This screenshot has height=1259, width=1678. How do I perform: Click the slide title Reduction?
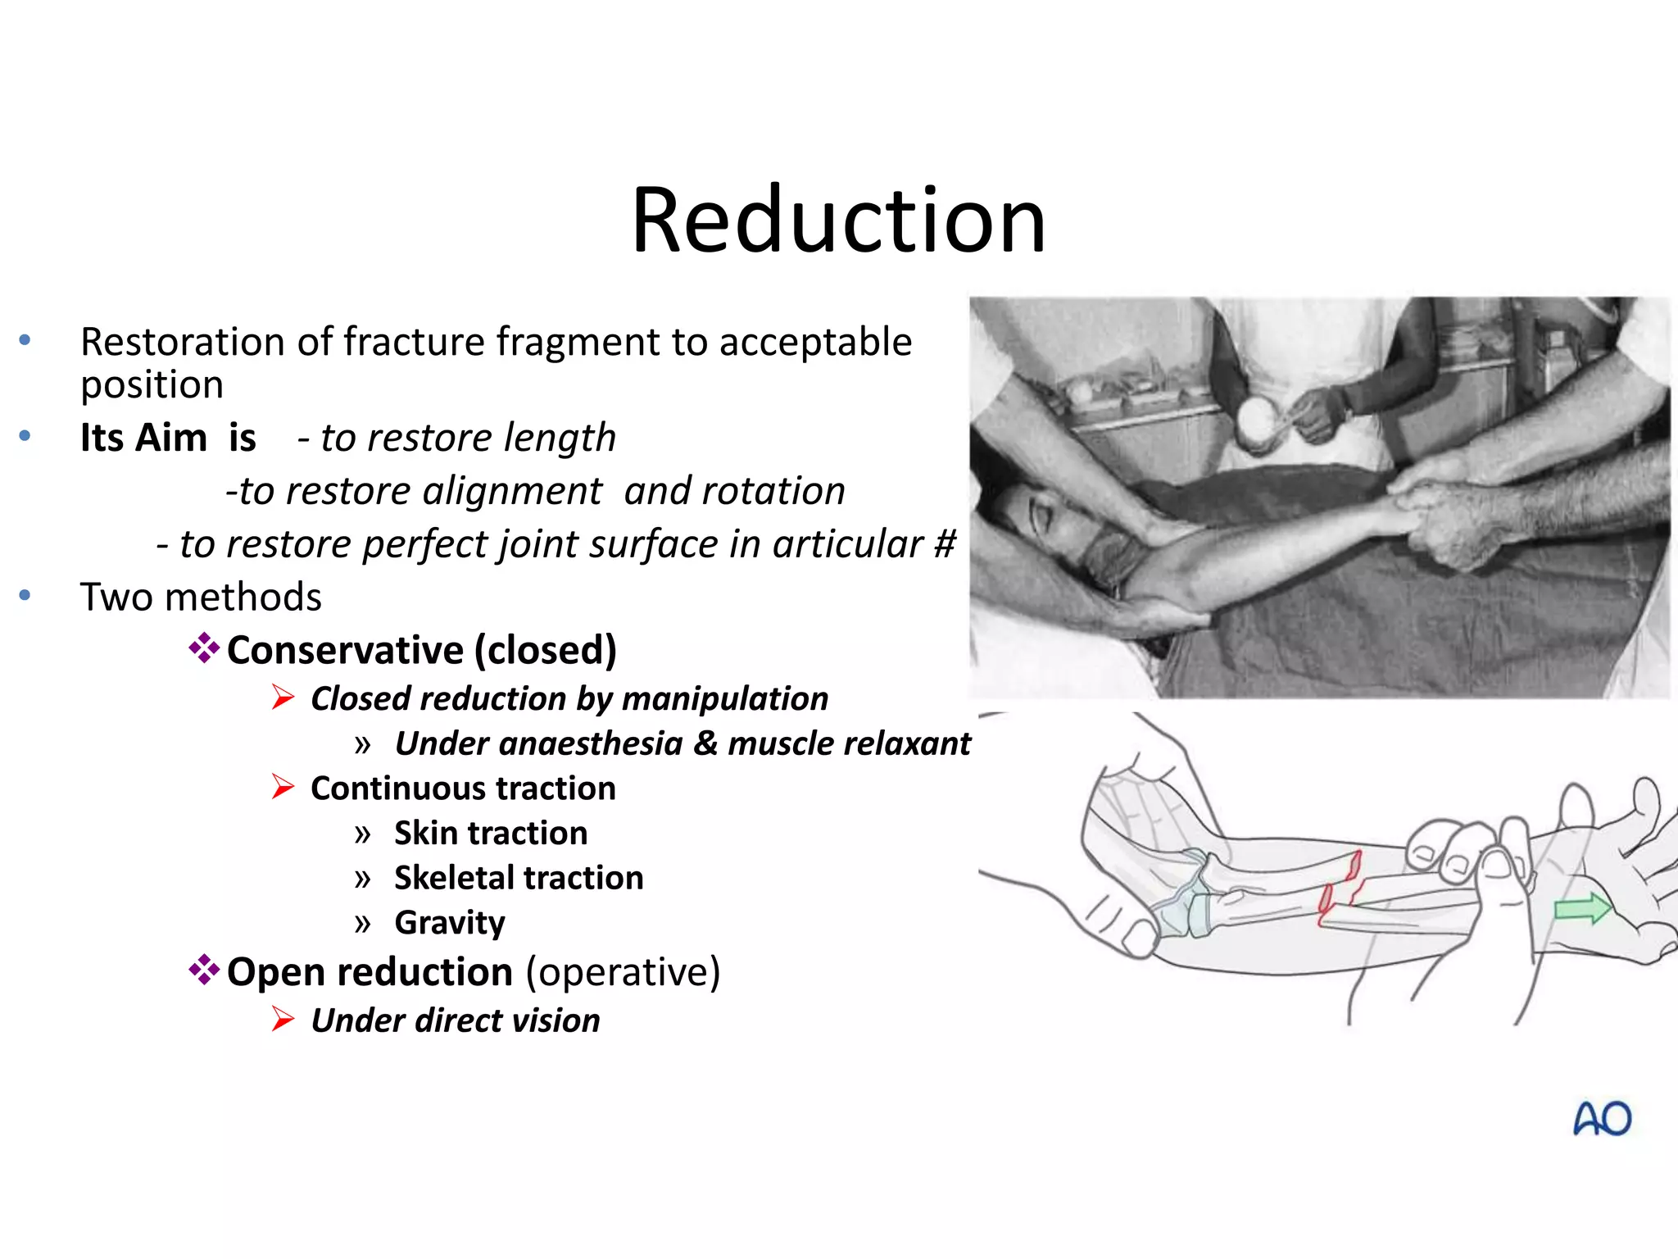(x=838, y=220)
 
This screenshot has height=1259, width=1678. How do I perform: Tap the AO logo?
(x=1602, y=1119)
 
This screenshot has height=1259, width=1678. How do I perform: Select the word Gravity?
(x=450, y=923)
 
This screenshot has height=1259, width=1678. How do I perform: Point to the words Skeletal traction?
(x=519, y=878)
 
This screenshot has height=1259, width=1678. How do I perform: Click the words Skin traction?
(x=491, y=833)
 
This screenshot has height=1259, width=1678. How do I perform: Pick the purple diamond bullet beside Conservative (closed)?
(x=204, y=648)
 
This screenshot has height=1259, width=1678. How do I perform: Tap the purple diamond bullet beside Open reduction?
(x=204, y=970)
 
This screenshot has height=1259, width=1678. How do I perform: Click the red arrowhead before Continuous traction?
(x=283, y=787)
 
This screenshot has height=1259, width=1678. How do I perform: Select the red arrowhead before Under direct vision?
(x=283, y=1019)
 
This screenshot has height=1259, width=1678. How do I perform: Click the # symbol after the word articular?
(x=945, y=543)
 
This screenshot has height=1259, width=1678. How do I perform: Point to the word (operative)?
(x=623, y=972)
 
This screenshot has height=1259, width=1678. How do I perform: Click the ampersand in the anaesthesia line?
(x=705, y=743)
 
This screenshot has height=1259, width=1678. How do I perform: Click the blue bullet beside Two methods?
(x=25, y=595)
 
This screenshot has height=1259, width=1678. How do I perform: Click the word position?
(x=152, y=384)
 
